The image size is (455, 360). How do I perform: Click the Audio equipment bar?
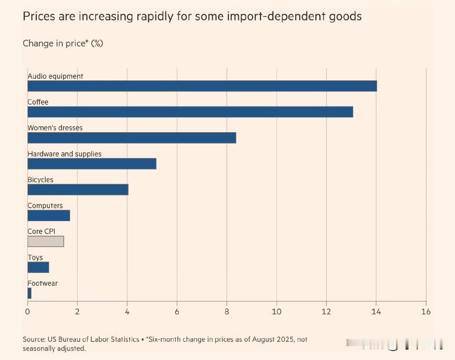click(202, 86)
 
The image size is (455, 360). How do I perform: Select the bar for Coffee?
click(190, 112)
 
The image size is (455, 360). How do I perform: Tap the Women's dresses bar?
click(132, 138)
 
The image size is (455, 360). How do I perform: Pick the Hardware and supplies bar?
click(92, 164)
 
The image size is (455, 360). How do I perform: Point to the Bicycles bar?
click(78, 190)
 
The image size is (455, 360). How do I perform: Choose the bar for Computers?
click(48, 215)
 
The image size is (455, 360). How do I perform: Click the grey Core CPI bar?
click(46, 241)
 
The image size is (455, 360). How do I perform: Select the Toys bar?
click(38, 267)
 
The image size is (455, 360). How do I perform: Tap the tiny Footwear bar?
click(29, 293)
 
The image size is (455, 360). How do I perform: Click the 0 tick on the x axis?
click(28, 312)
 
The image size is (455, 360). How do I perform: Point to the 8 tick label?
click(227, 312)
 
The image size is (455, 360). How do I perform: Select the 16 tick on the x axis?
click(426, 312)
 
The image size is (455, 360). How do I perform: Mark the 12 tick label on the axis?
click(326, 312)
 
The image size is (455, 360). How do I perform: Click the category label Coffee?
click(38, 102)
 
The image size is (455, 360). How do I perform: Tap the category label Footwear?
click(43, 283)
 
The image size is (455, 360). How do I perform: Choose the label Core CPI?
click(42, 231)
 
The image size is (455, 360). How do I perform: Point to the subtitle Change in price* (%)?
click(63, 43)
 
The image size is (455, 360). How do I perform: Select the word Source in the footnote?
click(33, 340)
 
